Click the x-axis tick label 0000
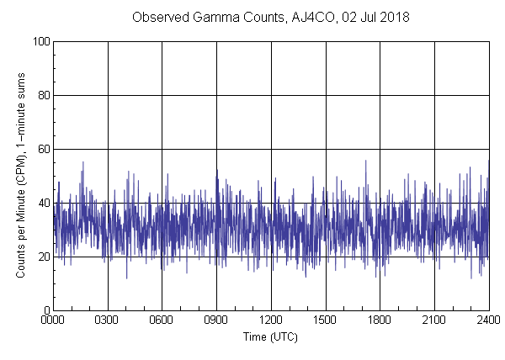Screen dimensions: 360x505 (x=53, y=320)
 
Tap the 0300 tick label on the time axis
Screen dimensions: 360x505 (x=108, y=320)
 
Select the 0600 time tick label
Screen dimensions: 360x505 (x=162, y=320)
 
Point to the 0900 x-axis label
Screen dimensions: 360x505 (x=216, y=320)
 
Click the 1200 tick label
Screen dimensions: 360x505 (x=271, y=320)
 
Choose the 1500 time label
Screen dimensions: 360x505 (x=325, y=320)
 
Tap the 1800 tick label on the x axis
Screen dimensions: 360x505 (x=380, y=320)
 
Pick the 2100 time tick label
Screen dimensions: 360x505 (x=434, y=320)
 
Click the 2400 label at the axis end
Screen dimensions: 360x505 (x=488, y=320)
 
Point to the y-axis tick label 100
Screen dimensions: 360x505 (x=40, y=41)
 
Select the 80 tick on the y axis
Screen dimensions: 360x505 (x=43, y=95)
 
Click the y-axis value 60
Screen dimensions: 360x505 (x=43, y=149)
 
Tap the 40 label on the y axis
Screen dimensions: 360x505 (x=43, y=203)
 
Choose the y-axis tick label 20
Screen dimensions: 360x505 (x=43, y=257)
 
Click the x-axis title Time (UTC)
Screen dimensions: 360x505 (x=270, y=336)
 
